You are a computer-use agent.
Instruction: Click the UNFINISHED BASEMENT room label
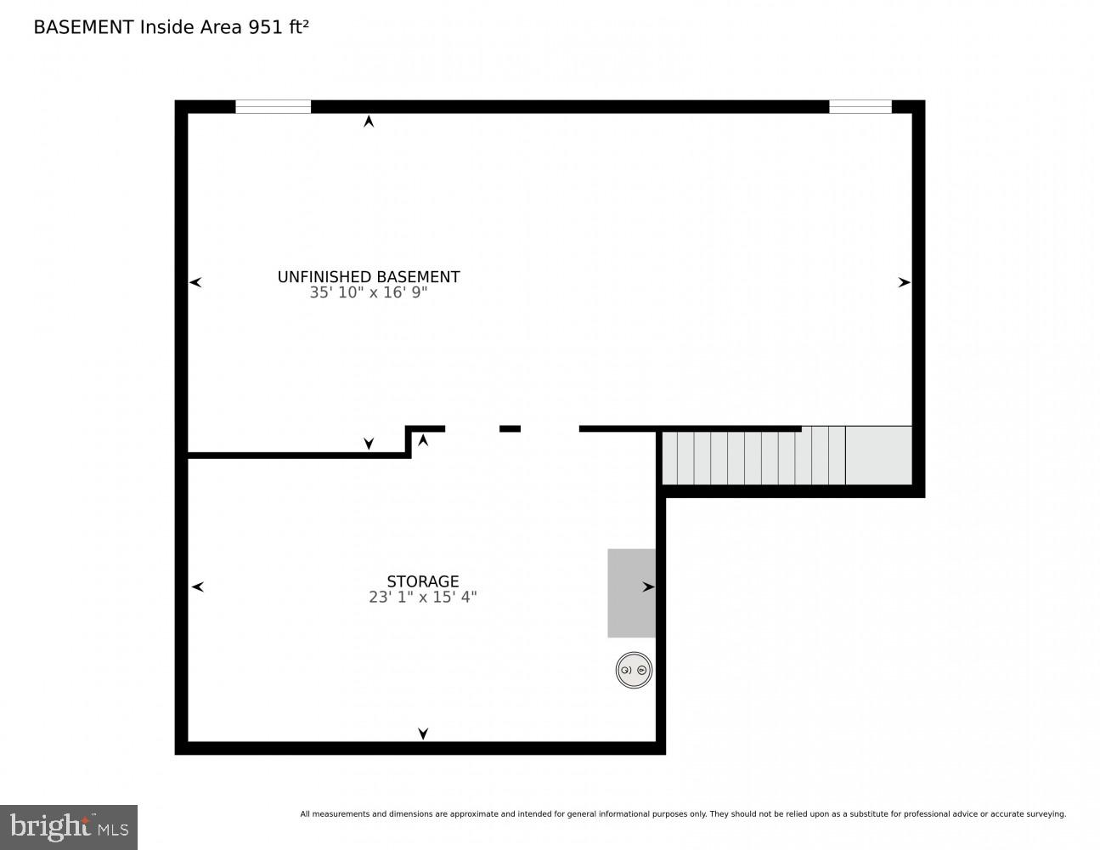[369, 277]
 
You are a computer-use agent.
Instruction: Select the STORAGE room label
[422, 581]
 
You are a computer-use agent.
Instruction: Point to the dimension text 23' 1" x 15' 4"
[422, 598]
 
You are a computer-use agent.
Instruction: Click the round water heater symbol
[633, 671]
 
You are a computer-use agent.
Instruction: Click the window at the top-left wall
[273, 107]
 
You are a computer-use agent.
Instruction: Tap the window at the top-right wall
[860, 107]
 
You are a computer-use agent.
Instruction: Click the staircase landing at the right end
[878, 456]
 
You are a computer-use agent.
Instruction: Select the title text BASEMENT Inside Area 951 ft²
[171, 27]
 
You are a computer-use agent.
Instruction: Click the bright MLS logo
[69, 827]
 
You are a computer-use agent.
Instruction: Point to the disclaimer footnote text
[682, 814]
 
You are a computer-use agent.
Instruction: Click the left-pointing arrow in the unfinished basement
[195, 282]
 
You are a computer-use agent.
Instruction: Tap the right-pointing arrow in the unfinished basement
[904, 282]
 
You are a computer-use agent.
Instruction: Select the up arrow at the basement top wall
[369, 122]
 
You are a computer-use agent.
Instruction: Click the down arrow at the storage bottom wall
[422, 734]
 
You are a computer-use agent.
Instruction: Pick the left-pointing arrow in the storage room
[197, 586]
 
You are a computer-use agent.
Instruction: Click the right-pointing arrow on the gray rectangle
[648, 586]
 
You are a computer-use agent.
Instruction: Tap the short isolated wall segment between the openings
[510, 428]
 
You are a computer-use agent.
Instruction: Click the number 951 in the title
[264, 27]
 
